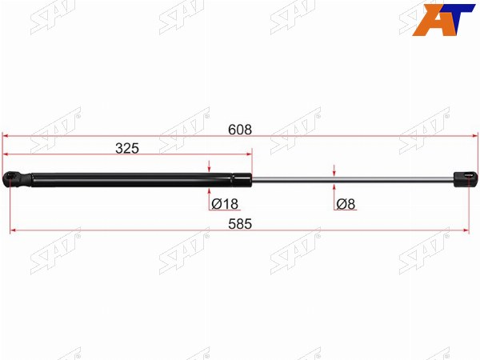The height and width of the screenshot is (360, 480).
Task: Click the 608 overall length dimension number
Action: [240, 130]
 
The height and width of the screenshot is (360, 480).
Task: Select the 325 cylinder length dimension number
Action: [127, 149]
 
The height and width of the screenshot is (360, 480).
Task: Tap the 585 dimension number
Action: [240, 224]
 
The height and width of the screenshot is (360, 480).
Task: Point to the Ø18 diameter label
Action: [225, 204]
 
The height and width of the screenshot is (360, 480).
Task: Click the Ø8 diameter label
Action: [346, 204]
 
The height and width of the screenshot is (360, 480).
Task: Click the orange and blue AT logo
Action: [442, 19]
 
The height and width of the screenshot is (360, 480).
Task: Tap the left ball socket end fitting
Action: [17, 180]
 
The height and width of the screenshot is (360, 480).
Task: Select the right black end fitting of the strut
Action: [466, 179]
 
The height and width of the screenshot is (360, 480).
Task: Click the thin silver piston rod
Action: [352, 180]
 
